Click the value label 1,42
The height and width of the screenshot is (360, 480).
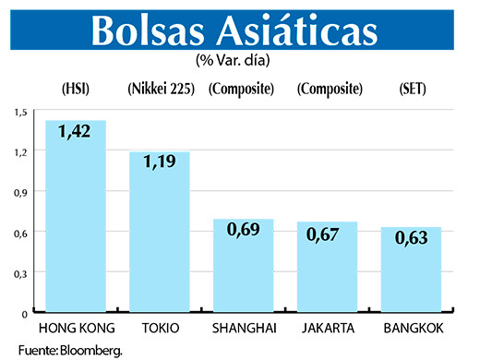tap(76, 133)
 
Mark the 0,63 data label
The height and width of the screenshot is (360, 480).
tap(411, 238)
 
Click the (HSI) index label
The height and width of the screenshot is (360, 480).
tap(76, 90)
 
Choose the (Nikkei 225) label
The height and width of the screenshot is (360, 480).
tap(159, 90)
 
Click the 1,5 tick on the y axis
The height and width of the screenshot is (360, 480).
tap(20, 112)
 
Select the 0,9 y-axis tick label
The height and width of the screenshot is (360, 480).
tap(20, 193)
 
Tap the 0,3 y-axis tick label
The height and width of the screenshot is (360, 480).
tap(20, 274)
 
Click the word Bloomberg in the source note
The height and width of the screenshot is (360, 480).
tap(91, 351)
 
